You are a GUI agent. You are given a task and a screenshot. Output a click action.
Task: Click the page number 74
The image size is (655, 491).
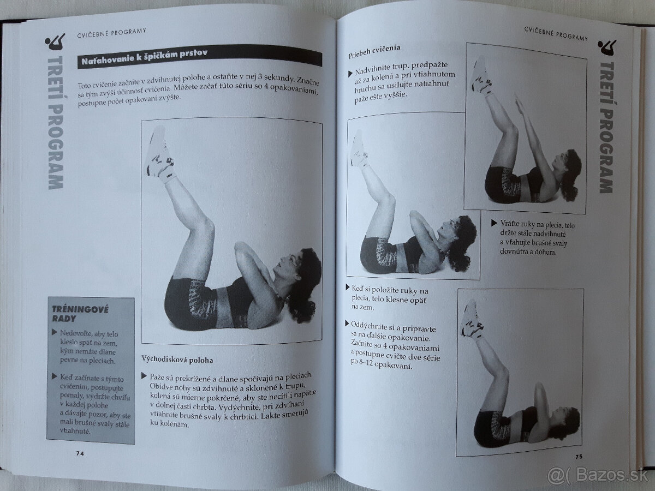coord(80,453)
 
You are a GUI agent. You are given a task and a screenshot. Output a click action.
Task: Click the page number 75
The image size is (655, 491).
coord(579,457)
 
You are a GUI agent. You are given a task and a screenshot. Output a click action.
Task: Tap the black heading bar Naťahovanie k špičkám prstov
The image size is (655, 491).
coord(200,57)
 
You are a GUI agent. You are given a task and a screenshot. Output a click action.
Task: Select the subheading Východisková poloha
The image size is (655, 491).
coord(177,360)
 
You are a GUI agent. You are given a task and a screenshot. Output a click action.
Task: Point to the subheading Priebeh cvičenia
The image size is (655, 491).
coord(374,51)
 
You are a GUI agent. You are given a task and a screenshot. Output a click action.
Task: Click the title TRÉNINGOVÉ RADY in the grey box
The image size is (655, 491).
coord(80,314)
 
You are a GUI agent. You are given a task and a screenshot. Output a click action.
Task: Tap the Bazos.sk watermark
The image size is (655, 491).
coord(598,475)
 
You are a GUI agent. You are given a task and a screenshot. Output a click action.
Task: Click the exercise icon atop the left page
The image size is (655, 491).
coord(55,43)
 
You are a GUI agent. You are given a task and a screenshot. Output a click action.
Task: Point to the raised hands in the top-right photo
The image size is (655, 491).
coord(520,107)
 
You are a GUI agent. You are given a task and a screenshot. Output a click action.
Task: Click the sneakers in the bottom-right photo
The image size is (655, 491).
coord(472,320)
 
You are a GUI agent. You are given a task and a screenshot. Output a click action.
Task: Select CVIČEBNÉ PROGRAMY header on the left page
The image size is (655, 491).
coord(111,33)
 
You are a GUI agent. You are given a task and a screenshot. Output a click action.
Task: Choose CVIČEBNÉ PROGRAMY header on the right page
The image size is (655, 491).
coord(556,33)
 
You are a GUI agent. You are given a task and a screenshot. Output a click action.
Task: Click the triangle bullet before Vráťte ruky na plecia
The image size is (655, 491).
coord(494,223)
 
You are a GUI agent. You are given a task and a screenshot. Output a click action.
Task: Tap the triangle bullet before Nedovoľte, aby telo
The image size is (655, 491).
coord(54,332)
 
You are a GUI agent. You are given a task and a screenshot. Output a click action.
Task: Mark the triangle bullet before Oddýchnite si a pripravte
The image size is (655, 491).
coord(347,323)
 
